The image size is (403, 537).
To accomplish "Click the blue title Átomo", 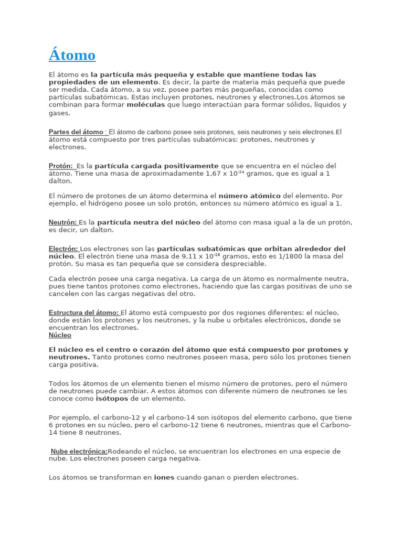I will coord(72,55).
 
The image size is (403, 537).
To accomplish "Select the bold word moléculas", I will coord(146,104).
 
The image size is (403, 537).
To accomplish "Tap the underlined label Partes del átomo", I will coord(77,132).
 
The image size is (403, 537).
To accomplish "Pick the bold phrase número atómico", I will coord(249,196).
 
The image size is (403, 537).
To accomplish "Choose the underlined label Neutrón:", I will coord(63,222).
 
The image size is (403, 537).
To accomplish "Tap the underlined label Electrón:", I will coord(63,249).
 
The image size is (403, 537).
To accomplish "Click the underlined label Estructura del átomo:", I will coord(84,313).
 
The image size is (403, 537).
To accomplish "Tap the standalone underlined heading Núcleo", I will coord(60,335).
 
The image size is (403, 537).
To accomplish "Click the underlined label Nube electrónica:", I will coord(79,452).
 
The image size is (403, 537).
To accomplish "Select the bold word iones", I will coord(164,478).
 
